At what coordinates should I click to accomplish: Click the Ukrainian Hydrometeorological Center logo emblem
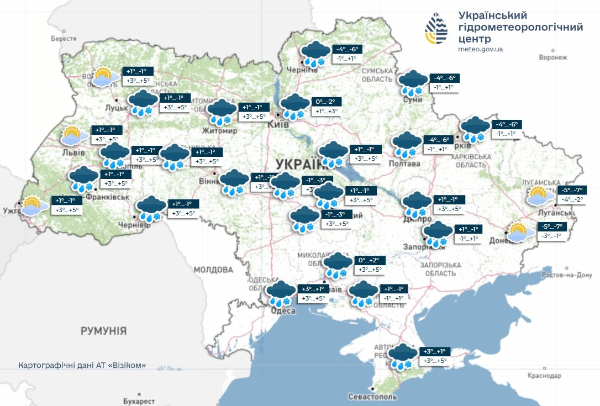click(436, 29)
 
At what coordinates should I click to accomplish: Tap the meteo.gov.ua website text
click(480, 49)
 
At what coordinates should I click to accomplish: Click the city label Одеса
click(283, 311)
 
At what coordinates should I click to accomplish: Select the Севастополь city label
click(372, 397)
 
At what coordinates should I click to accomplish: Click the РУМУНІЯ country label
click(103, 331)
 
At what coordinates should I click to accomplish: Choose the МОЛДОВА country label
click(213, 270)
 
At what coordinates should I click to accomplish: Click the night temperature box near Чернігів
click(347, 49)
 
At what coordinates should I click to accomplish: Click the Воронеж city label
click(553, 57)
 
